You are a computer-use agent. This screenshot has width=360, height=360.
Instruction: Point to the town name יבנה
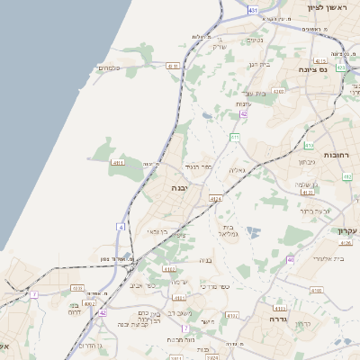(180, 188)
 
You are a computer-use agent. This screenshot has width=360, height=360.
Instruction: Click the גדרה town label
(270, 319)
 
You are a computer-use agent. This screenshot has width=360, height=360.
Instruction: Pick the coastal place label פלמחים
(109, 68)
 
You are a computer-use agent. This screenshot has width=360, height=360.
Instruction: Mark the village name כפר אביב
(142, 285)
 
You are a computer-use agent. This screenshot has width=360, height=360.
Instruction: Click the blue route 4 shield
(121, 226)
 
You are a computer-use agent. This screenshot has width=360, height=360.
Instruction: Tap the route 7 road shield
(34, 294)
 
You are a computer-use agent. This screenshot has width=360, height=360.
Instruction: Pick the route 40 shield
(290, 259)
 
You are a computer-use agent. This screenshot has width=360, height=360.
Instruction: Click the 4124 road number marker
(215, 198)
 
